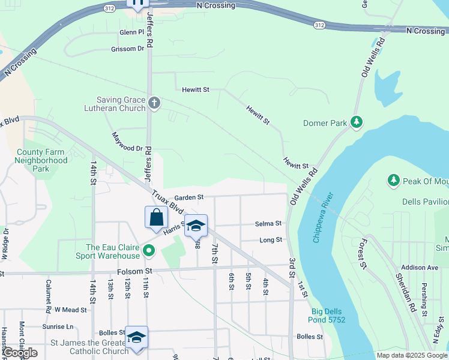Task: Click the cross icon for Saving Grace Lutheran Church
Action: point(154,103)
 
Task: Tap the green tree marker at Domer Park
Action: point(357,123)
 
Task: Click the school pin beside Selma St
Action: point(196,226)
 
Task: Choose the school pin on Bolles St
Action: point(136,337)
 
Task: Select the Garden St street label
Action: point(189,197)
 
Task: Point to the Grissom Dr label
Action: point(127,49)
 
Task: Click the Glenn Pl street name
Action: point(132,32)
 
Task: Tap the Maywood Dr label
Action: point(127,142)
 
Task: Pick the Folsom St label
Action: point(135,271)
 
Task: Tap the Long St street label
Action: point(271,240)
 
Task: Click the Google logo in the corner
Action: point(20,353)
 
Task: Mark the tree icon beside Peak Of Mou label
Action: point(393,179)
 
